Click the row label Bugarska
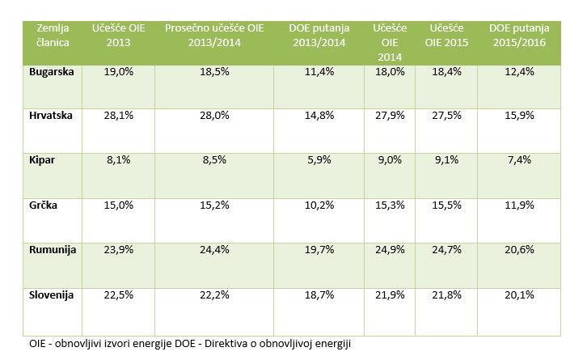click(52, 72)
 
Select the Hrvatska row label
click(52, 116)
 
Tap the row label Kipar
click(42, 160)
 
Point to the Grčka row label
click(44, 205)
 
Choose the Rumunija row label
click(53, 250)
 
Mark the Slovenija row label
click(52, 295)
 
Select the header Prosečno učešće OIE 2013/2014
click(213, 35)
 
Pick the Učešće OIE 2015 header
click(446, 35)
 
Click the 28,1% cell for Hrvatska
click(118, 116)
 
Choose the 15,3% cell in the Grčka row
click(390, 205)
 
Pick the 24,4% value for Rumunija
click(213, 250)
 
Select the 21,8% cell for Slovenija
click(446, 295)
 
